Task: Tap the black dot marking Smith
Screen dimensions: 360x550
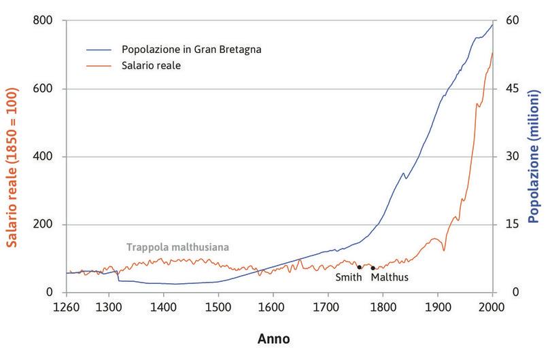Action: click(x=359, y=267)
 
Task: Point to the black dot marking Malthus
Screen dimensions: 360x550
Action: click(x=373, y=268)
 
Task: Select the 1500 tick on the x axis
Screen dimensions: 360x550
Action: click(x=218, y=307)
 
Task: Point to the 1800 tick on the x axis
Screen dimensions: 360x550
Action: click(x=383, y=307)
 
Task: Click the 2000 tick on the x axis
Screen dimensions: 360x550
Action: click(x=492, y=307)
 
